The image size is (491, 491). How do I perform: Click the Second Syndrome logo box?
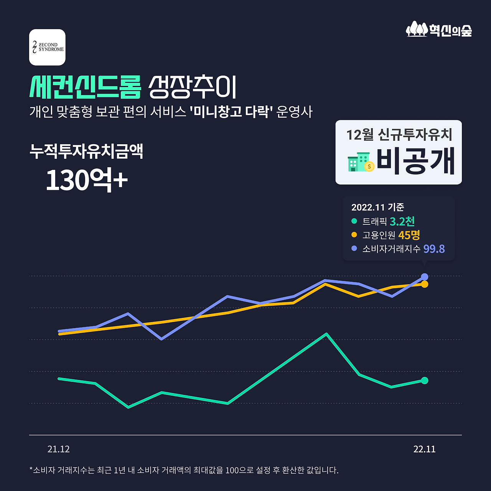(x=47, y=47)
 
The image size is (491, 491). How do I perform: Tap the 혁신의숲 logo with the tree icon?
(x=439, y=30)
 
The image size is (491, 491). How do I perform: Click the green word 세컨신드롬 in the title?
(x=86, y=87)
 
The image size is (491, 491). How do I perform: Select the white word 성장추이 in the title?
(x=193, y=87)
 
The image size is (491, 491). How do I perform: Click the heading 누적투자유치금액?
(x=86, y=152)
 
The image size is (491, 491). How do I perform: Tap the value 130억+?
(x=87, y=180)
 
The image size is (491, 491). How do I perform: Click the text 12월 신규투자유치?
(x=399, y=135)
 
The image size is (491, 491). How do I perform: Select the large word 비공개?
(x=415, y=161)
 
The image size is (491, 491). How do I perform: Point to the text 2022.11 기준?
(x=377, y=207)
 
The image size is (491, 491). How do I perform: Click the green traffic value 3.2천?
(x=402, y=221)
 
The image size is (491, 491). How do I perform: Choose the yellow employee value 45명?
(x=409, y=235)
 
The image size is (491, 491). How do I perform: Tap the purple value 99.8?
(x=434, y=249)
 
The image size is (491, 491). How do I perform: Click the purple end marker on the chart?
(x=425, y=277)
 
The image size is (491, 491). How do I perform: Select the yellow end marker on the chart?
(x=425, y=284)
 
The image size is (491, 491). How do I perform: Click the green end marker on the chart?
(x=424, y=381)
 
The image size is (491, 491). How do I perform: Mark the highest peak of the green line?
(x=326, y=334)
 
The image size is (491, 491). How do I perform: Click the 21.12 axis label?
(x=58, y=449)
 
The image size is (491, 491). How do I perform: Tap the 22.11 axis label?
(x=424, y=449)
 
